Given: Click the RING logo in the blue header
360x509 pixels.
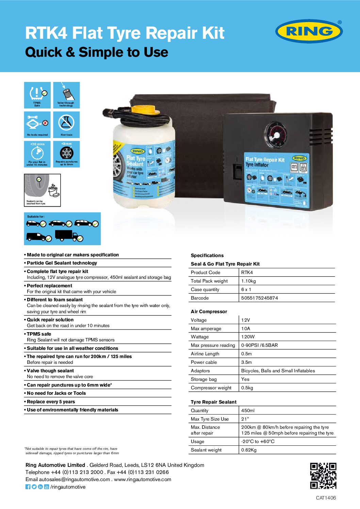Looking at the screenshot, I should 309,31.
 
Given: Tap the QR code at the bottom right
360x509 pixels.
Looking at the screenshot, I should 323,476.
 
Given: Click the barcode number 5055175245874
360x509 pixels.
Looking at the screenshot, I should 260,298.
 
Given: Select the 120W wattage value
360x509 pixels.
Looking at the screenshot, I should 248,337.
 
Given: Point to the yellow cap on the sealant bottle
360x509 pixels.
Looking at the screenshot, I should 145,110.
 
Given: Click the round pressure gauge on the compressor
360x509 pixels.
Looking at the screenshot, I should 277,136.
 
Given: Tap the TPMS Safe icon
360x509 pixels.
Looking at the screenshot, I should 37,95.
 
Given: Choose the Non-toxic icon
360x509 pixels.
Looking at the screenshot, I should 66,124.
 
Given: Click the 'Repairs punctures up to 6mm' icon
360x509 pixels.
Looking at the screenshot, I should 66,154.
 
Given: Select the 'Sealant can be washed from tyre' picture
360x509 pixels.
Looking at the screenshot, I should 42,190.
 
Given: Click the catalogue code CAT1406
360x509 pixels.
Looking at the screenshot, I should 326,498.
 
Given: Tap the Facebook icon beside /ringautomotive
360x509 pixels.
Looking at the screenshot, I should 28,487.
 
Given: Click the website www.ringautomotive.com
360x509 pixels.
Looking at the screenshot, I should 143,479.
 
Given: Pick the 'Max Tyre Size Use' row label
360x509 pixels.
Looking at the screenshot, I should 210,419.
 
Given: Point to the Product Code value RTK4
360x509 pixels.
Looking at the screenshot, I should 247,272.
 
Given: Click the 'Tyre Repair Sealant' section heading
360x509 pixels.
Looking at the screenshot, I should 213,402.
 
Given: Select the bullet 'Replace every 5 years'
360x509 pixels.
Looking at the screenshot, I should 51,402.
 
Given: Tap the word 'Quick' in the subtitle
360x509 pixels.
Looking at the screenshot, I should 44,52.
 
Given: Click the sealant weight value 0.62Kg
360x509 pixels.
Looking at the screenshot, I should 249,450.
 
